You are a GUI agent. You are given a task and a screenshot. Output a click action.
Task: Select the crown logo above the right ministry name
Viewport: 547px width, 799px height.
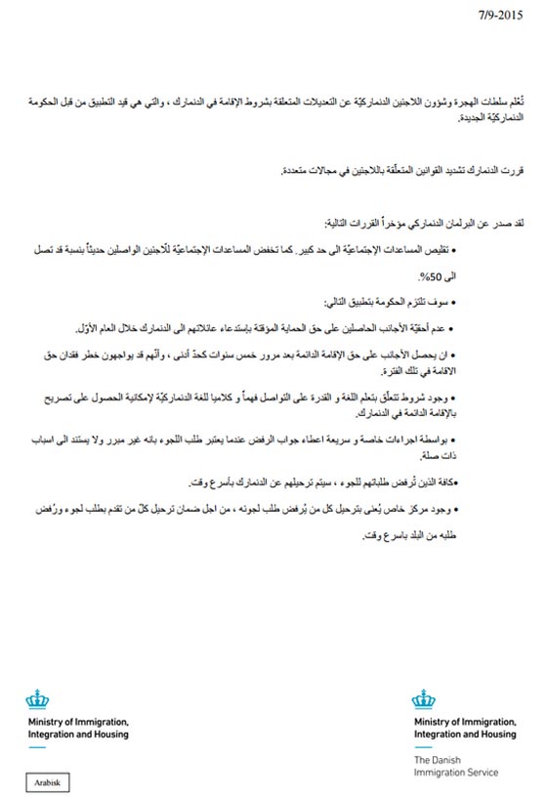point(424,700)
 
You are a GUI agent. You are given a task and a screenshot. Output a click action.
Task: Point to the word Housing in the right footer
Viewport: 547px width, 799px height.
point(495,735)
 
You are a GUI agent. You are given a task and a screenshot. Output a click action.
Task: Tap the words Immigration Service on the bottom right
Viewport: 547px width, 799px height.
point(456,773)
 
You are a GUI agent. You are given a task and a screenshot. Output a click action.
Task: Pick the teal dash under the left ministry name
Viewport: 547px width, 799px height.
point(37,747)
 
